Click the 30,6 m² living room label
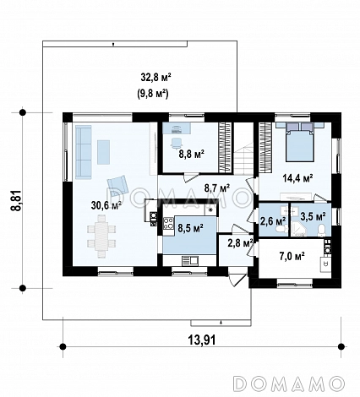click(106, 205)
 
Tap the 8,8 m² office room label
click(192, 155)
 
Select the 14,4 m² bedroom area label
click(298, 178)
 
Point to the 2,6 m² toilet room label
click(273, 221)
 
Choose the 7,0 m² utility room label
click(292, 256)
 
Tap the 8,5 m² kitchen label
click(191, 228)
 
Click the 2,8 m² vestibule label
click(240, 242)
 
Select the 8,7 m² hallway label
click(217, 188)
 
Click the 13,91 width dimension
click(202, 340)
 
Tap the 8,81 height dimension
click(16, 200)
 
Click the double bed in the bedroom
click(299, 142)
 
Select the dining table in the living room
click(101, 237)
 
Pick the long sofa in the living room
click(84, 152)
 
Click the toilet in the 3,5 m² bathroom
click(321, 231)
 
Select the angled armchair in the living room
click(117, 186)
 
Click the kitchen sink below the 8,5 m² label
click(190, 261)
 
